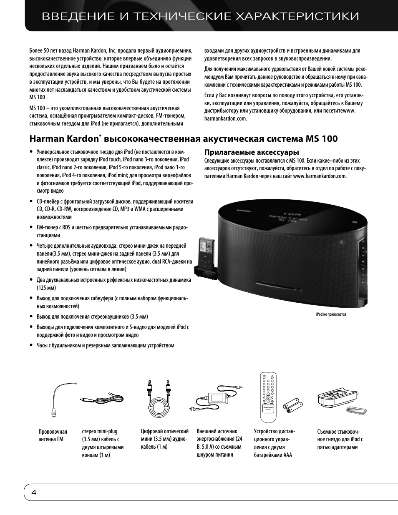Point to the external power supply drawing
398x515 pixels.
(x=217, y=398)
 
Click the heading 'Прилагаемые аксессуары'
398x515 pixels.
(x=252, y=152)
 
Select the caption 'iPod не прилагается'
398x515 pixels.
(x=331, y=314)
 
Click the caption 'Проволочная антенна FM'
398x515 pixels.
(x=53, y=435)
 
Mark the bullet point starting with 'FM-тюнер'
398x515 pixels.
(x=112, y=231)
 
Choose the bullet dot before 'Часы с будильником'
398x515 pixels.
(x=31, y=346)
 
